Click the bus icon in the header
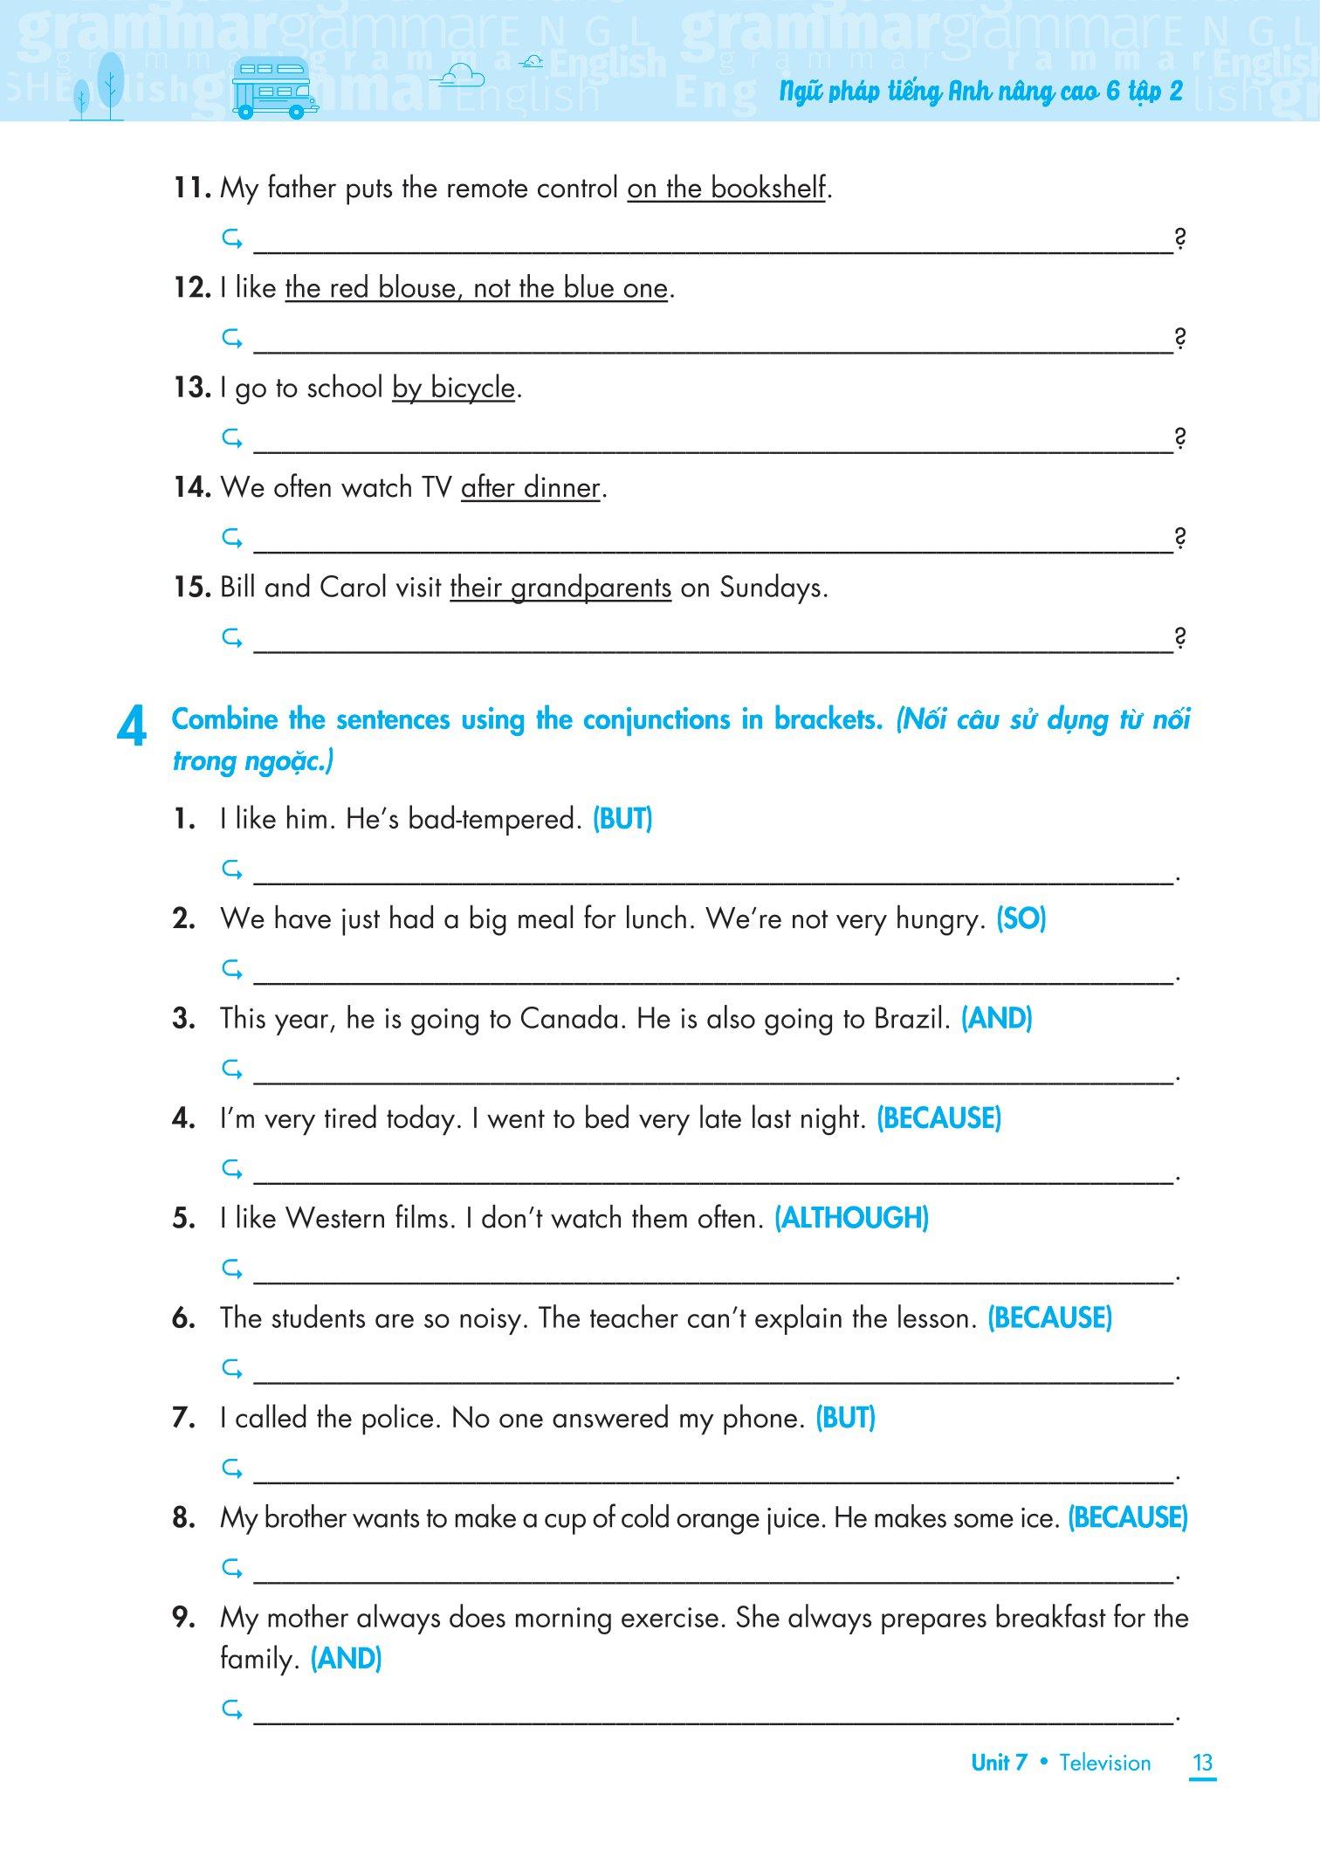pos(273,87)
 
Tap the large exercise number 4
pos(131,730)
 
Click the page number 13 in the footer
pos(1202,1762)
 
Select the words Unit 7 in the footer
pos(999,1762)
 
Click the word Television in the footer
pos(1104,1762)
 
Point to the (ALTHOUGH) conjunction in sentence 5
pos(851,1218)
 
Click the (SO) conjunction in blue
pos(1021,918)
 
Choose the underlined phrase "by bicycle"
pos(453,388)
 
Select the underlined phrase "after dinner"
pos(531,487)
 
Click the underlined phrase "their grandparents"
pos(560,588)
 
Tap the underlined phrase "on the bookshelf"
pos(726,188)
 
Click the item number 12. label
pos(192,288)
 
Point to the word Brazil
pos(911,1018)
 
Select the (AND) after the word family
pos(346,1659)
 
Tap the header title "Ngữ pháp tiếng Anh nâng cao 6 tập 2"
pos(980,92)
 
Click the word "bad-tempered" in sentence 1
pos(494,819)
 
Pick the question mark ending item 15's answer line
pos(1179,638)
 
